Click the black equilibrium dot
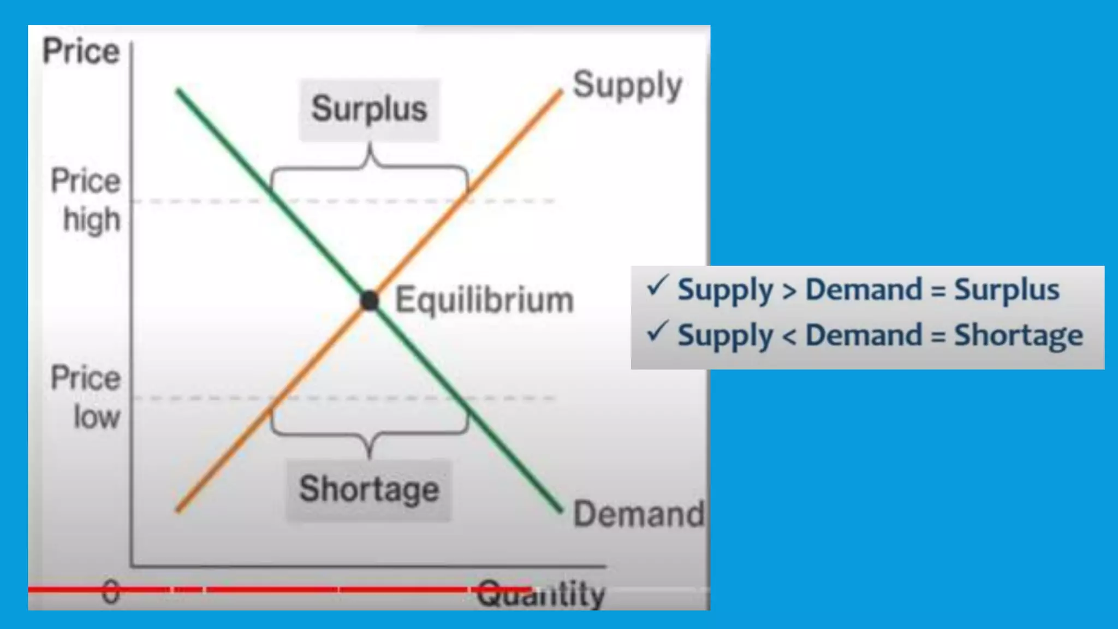370,300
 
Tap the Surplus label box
369,109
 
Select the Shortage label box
369,489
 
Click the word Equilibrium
484,300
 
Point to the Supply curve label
627,86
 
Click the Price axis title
81,51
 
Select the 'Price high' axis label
87,200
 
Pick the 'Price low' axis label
87,397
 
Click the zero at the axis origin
111,592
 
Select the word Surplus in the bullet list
1007,289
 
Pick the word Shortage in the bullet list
1018,335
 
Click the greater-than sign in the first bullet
789,291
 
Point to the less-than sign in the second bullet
789,336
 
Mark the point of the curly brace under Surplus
370,146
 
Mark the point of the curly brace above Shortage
370,454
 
